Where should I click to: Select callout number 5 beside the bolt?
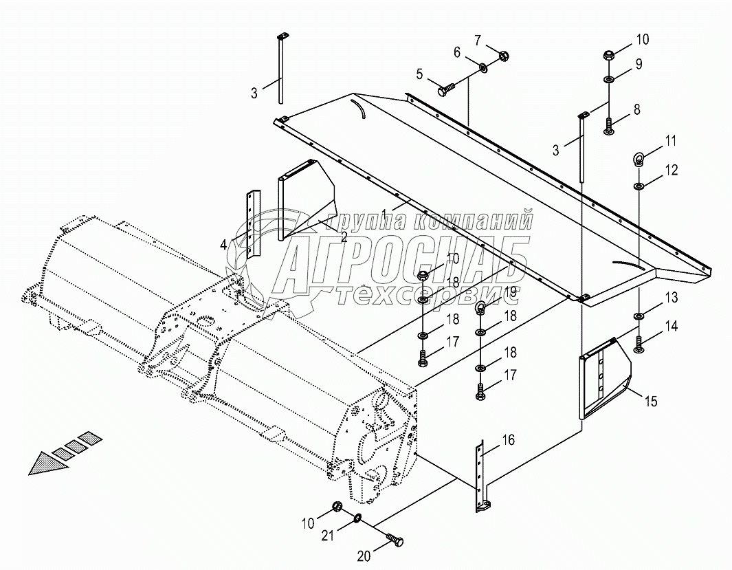tap(419, 73)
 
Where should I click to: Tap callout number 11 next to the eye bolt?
tap(670, 142)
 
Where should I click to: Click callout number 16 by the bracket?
tap(508, 440)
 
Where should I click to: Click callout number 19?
tap(509, 292)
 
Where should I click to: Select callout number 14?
tap(670, 327)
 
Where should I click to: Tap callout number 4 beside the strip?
tap(223, 244)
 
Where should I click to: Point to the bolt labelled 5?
tap(445, 89)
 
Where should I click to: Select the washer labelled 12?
tap(639, 186)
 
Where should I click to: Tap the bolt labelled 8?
tap(609, 127)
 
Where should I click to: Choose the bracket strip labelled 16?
tap(480, 474)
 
